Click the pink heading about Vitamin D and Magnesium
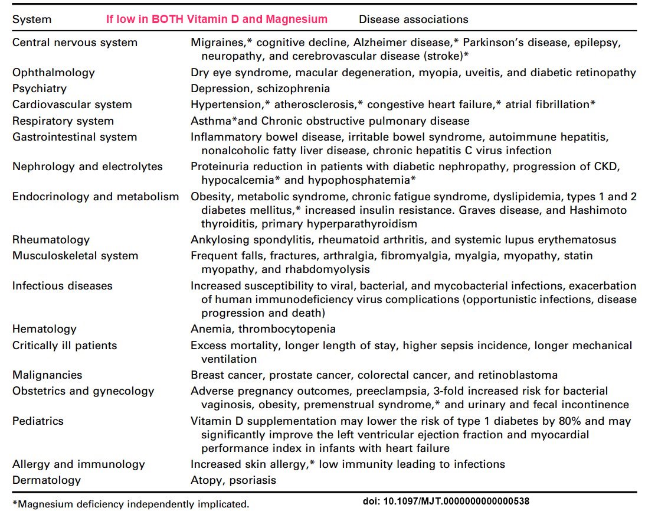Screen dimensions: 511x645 pyautogui.click(x=217, y=19)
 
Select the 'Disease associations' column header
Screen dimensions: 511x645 pyautogui.click(x=413, y=19)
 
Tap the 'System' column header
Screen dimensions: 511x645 pyautogui.click(x=32, y=19)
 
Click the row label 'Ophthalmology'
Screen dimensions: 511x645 pyautogui.click(x=53, y=73)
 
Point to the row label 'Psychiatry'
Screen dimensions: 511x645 pyautogui.click(x=40, y=89)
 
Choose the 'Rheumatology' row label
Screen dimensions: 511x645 pyautogui.click(x=51, y=240)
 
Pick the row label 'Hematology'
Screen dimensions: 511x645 pyautogui.click(x=44, y=329)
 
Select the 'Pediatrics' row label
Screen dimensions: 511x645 pyautogui.click(x=38, y=421)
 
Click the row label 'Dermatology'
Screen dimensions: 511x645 pyautogui.click(x=46, y=480)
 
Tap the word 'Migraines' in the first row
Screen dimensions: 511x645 pyautogui.click(x=215, y=43)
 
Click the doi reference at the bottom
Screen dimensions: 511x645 pyautogui.click(x=446, y=501)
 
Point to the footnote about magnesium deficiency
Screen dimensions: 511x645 pyautogui.click(x=130, y=504)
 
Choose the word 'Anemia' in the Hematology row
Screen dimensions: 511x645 pyautogui.click(x=208, y=329)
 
